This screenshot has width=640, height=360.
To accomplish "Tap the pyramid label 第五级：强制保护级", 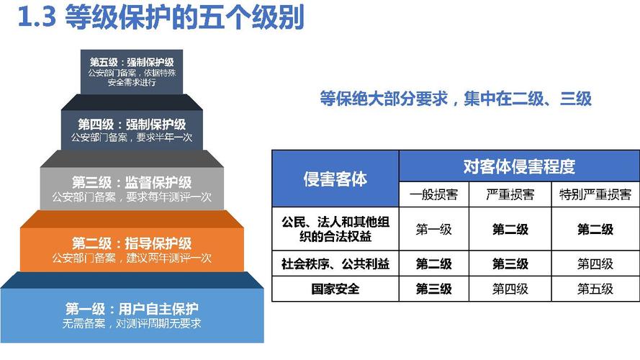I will pos(132,61).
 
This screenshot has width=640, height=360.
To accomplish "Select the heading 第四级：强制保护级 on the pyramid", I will pos(132,124).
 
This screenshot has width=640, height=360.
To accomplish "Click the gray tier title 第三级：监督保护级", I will pos(131,182).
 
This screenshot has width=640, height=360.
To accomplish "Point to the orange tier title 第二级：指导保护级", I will pos(131,243).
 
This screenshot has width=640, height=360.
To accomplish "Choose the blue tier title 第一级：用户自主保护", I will pos(131,310).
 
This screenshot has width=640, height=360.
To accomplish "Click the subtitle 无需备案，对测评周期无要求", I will pos(131,323).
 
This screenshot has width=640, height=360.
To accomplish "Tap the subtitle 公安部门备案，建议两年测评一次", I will pos(131,257).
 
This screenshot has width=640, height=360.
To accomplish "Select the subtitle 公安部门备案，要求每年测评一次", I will pos(131,196).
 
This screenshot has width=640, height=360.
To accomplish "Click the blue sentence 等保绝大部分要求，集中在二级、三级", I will pos(456,99).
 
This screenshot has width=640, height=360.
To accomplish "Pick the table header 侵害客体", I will pos(335,178).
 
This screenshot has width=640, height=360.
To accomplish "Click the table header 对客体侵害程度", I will pos(518,166).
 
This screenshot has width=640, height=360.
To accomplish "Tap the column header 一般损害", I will pos(434,194).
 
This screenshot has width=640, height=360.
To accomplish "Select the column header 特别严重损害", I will pos(595,194).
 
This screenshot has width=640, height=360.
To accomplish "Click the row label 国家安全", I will pos(335,289).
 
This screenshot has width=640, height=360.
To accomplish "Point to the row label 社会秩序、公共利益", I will pos(335,264).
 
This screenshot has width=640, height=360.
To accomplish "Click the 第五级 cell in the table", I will pos(595,289).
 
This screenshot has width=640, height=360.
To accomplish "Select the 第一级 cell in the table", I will pos(434,229).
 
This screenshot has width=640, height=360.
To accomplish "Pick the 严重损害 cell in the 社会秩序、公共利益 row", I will pos(510,264).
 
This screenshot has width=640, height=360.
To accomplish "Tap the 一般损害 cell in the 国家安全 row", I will pos(434,289).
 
